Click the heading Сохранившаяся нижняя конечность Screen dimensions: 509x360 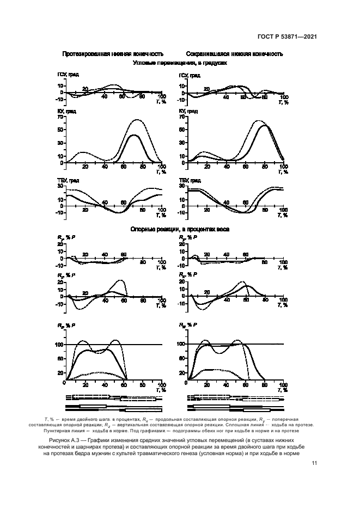(234, 54)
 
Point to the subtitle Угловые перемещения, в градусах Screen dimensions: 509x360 (180, 63)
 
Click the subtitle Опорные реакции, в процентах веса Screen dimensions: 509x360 (180, 230)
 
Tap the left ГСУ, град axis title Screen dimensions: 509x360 (67, 75)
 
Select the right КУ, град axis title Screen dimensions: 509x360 (187, 112)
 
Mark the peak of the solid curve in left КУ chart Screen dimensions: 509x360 (133, 135)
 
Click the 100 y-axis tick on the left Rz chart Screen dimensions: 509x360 (59, 345)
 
